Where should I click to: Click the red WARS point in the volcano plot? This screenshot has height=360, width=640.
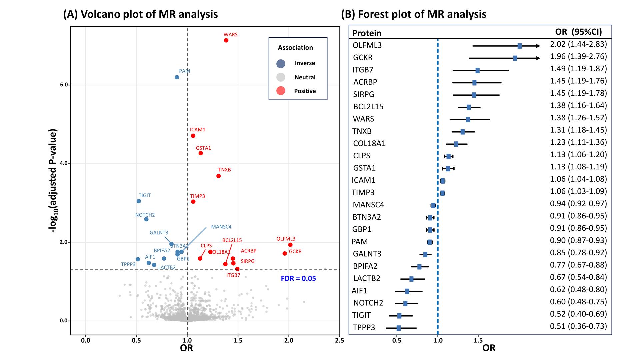coord(226,40)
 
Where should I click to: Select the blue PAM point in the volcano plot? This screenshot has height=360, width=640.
coord(177,77)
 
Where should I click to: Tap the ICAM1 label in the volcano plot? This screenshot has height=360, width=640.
coord(198,130)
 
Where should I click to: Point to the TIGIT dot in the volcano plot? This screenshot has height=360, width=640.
coord(139,201)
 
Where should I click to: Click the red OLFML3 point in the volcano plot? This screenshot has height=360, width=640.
coord(290,245)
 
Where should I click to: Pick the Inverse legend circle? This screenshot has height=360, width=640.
coord(281,63)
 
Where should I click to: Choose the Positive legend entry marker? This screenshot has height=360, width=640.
coord(281,91)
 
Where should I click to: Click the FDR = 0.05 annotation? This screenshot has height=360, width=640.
coord(298,278)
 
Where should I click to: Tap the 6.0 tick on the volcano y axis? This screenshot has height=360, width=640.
coord(64,85)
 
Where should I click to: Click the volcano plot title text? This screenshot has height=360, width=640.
coord(140,14)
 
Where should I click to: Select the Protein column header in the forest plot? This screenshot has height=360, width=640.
coord(367,33)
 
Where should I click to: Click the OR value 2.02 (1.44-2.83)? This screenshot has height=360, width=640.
coord(578,44)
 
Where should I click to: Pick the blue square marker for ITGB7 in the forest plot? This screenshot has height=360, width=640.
coord(477,70)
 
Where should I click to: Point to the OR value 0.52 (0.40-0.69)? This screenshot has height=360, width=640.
coord(578,314)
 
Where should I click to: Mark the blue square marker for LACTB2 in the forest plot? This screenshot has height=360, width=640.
coord(411,279)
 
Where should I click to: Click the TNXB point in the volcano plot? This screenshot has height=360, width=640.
coord(218,176)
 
